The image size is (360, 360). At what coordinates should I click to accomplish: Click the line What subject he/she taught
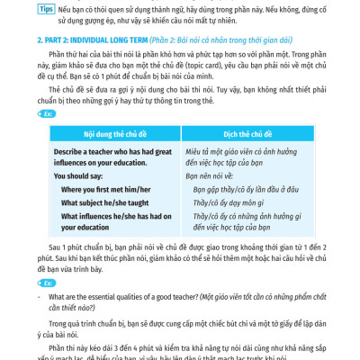point(105,203)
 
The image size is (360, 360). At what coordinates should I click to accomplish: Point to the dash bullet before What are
point(40,296)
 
